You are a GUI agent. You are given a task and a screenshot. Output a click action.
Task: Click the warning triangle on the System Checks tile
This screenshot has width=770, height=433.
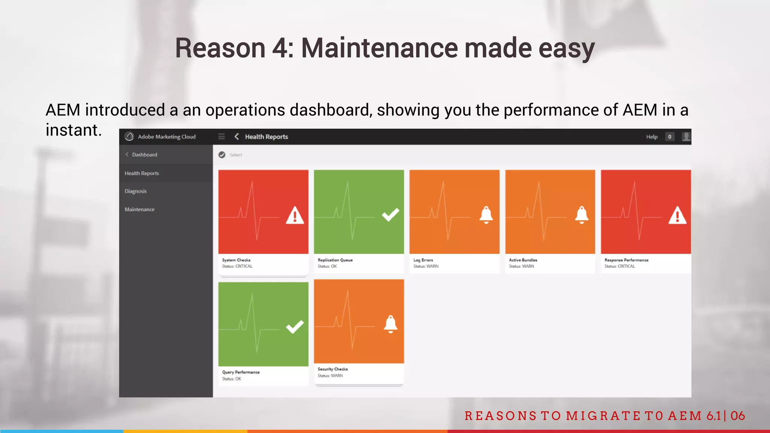tap(295, 216)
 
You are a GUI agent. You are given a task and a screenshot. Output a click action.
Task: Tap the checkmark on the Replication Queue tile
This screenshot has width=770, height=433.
tap(391, 215)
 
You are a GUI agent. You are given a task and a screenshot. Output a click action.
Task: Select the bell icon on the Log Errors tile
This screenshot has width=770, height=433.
tap(486, 215)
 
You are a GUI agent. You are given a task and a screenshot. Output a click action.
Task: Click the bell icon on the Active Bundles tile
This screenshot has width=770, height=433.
tap(582, 215)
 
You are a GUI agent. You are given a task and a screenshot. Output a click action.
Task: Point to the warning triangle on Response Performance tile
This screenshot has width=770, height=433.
tap(678, 216)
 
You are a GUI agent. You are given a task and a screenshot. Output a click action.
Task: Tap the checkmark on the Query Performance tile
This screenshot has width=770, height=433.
tap(295, 327)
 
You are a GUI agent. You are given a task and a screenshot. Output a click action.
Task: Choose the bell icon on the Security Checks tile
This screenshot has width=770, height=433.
tap(391, 324)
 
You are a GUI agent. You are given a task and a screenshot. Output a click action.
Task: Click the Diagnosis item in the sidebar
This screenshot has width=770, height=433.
tap(136, 191)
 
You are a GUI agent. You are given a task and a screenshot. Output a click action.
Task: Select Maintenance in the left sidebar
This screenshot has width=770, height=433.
tap(139, 209)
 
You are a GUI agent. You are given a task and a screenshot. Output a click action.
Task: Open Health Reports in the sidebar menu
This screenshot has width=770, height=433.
tap(142, 173)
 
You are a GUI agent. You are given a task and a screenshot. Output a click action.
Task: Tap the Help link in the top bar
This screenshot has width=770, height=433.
tap(652, 137)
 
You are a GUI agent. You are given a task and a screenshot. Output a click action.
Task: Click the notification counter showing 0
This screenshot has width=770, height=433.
tap(670, 137)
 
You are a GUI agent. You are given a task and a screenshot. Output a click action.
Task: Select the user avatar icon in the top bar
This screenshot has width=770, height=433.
tap(686, 136)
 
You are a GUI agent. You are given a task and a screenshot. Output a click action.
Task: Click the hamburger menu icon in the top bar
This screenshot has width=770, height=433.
tap(221, 136)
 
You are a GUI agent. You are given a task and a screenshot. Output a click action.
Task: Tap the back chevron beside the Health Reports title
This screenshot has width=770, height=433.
tap(236, 136)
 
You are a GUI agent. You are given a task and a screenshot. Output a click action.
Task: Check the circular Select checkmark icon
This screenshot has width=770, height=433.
tap(222, 155)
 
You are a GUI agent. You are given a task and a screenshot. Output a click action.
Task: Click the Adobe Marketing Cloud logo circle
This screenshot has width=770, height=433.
tap(129, 136)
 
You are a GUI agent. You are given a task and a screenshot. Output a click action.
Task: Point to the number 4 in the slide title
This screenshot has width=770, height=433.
tap(280, 48)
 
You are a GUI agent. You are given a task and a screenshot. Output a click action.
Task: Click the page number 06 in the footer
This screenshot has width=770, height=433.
tap(738, 416)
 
